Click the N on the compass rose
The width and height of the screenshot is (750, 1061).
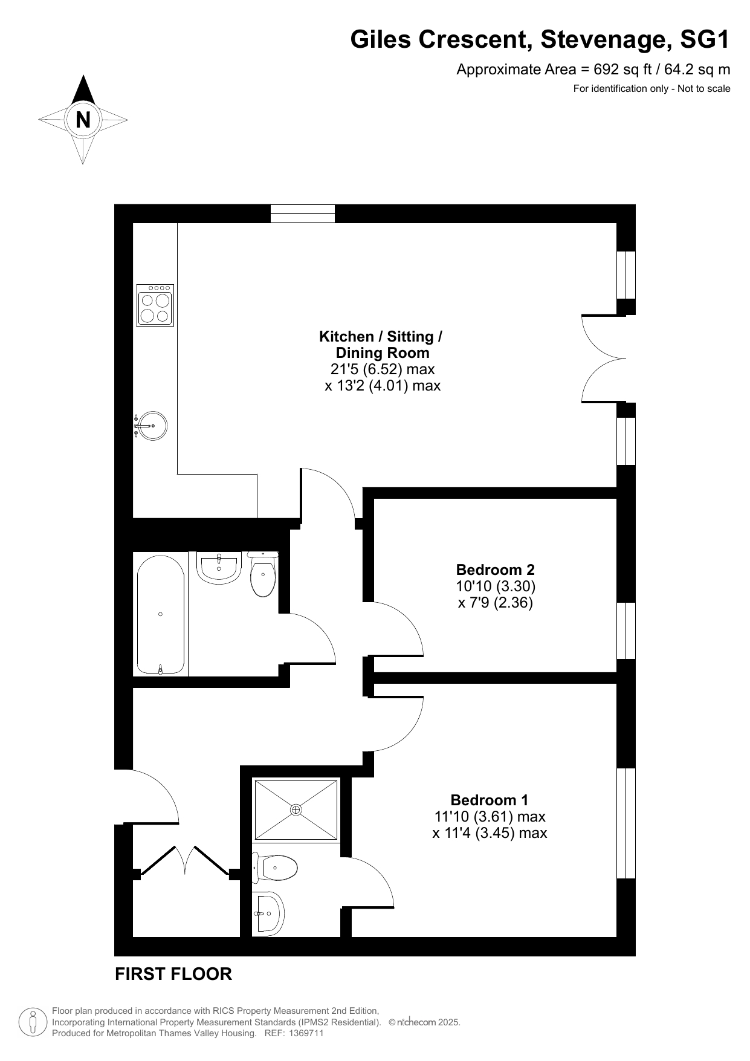[83, 120]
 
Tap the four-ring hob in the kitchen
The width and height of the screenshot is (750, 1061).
[155, 305]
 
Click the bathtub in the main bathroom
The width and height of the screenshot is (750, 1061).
[161, 614]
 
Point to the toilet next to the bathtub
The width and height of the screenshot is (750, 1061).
[263, 574]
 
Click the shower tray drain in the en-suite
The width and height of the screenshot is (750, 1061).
[296, 810]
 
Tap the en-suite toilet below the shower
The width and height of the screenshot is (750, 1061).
[275, 868]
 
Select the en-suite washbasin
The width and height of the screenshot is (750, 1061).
[268, 913]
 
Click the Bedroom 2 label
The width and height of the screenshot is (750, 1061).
[496, 569]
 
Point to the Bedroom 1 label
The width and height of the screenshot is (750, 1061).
[490, 800]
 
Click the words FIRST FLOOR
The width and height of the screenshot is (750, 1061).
[173, 974]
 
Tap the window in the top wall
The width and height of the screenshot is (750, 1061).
[302, 214]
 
